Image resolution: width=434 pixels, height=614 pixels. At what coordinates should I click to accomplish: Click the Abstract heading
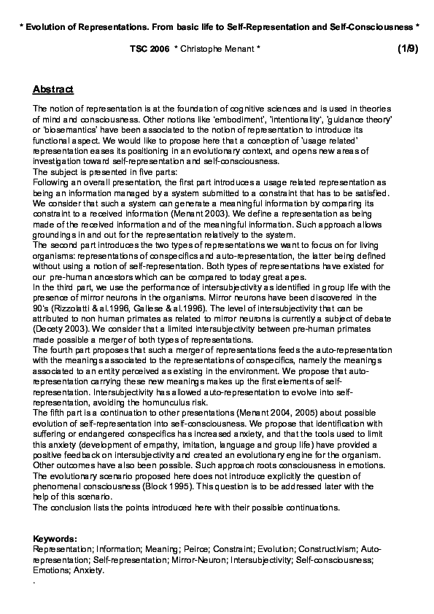[53, 90]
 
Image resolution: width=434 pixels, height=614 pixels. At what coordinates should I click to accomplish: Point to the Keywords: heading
[55, 538]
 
